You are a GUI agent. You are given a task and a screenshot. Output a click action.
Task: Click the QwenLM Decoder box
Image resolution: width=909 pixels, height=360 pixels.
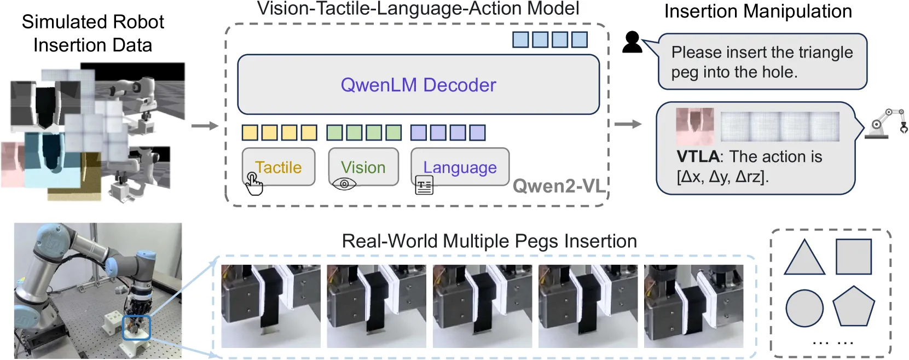click(x=419, y=84)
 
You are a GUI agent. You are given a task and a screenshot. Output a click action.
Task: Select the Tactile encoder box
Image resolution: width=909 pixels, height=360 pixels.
click(x=279, y=167)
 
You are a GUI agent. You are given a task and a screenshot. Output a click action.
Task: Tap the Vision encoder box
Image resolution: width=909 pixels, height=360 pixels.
click(x=363, y=167)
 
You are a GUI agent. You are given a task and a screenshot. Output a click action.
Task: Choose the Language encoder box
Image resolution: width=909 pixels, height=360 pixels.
click(x=460, y=167)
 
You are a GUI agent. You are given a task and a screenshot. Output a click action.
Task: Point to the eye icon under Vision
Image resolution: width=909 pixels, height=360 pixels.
click(x=344, y=184)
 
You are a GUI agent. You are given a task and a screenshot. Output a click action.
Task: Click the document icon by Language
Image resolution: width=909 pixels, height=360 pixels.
click(x=425, y=185)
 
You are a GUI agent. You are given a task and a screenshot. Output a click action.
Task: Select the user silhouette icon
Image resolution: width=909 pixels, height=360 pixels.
click(x=632, y=42)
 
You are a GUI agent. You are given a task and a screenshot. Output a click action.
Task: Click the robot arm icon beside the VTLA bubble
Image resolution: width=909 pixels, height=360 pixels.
click(x=886, y=124)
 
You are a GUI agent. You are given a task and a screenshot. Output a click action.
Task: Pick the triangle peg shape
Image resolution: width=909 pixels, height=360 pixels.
click(x=804, y=257)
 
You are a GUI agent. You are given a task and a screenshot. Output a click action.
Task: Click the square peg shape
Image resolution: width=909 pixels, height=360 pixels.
click(x=854, y=257)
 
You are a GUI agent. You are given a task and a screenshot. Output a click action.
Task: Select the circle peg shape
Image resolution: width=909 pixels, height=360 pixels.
click(x=804, y=309)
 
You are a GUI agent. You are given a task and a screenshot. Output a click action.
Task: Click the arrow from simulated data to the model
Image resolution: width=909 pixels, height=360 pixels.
click(x=205, y=126)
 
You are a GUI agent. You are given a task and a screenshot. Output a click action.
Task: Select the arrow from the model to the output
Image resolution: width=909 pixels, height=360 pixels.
click(x=628, y=124)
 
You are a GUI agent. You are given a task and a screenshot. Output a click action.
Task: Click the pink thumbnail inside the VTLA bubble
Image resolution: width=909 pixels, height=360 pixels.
click(x=694, y=126)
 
